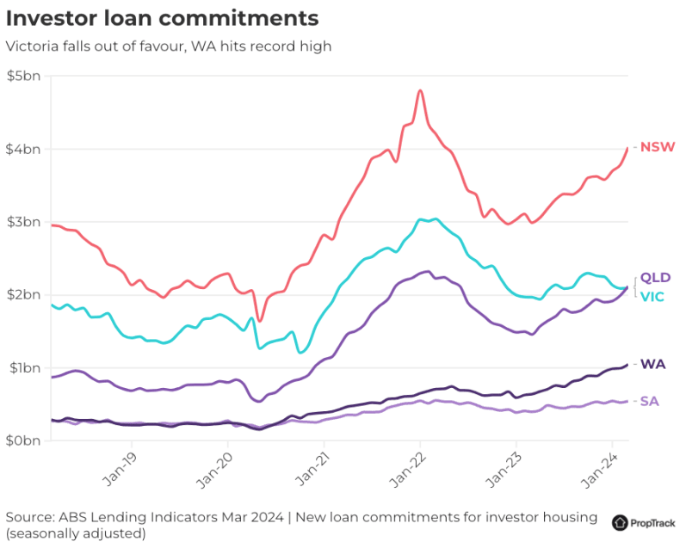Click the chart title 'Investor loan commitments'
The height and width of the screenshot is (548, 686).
pyautogui.click(x=163, y=18)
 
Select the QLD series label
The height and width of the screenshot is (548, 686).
pyautogui.click(x=655, y=278)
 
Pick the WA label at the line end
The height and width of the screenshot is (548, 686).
pyautogui.click(x=652, y=365)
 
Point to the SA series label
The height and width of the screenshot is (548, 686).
pyautogui.click(x=651, y=402)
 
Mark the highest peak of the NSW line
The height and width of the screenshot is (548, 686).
pyautogui.click(x=420, y=89)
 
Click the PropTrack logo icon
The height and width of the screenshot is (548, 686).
pyautogui.click(x=620, y=522)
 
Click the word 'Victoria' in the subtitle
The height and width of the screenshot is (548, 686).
pyautogui.click(x=31, y=46)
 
